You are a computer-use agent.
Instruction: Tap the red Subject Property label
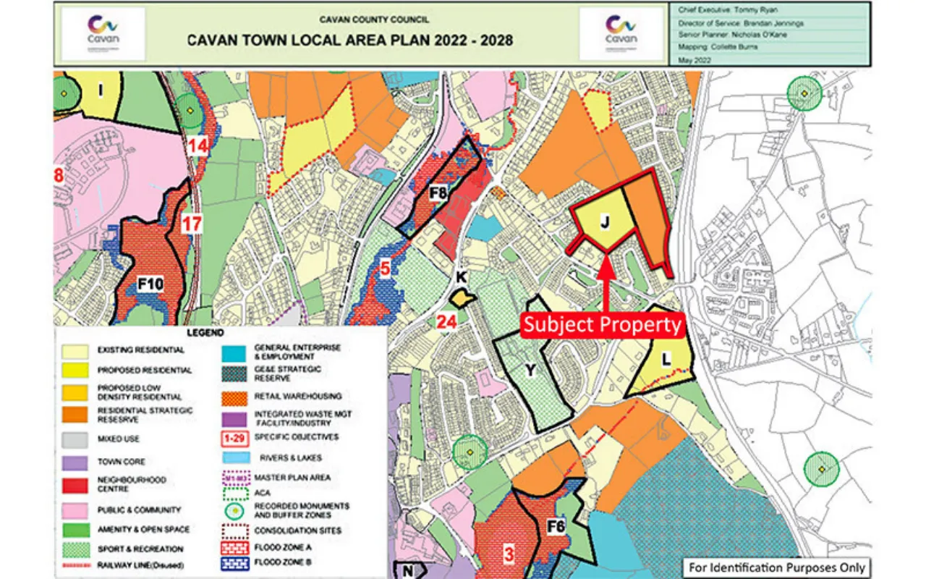click(603, 324)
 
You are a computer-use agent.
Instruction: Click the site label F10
click(150, 284)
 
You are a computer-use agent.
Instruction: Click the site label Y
click(530, 371)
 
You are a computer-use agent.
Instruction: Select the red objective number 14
click(198, 146)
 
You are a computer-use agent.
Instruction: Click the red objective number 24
click(446, 321)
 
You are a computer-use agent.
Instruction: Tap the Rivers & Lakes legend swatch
click(234, 457)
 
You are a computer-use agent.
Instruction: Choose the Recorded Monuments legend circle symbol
click(234, 510)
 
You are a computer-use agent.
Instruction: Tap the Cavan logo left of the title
click(103, 34)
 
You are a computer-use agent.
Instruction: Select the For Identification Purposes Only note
click(776, 567)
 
